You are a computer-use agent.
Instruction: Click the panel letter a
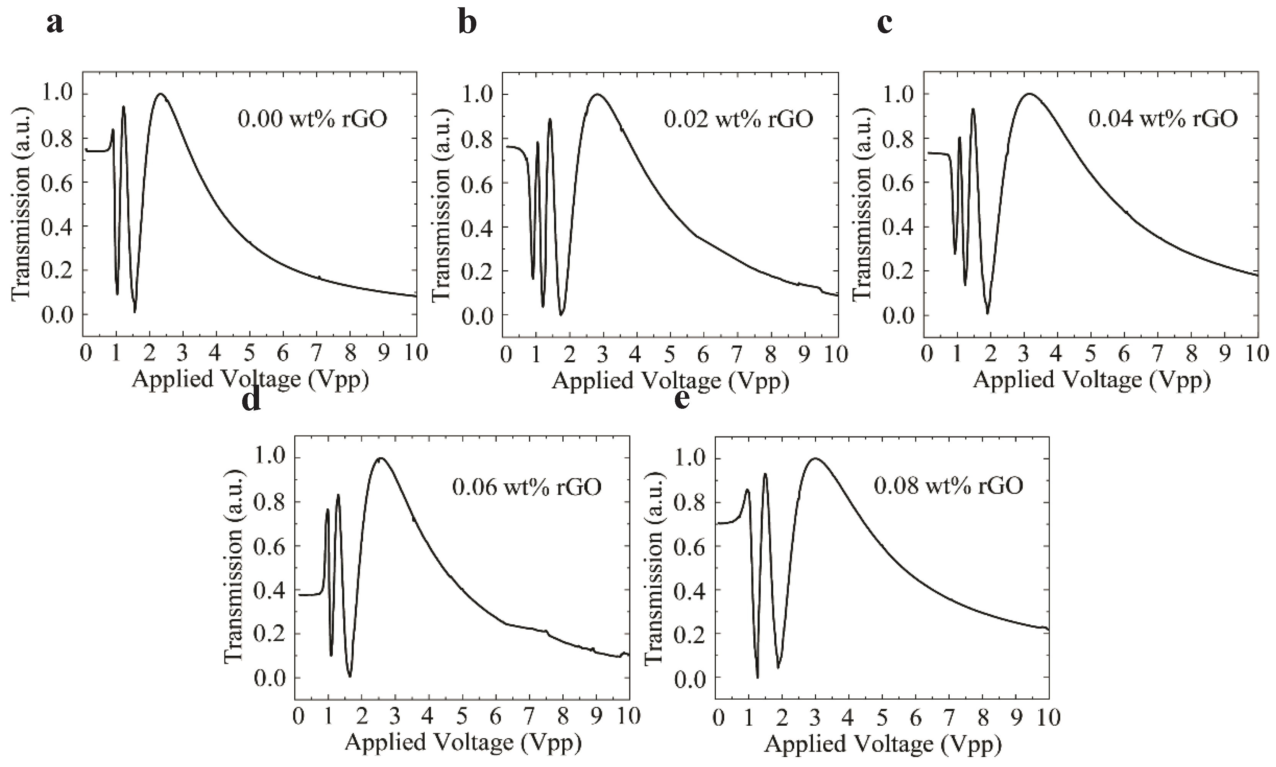point(55,24)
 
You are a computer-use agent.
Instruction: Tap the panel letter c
point(885,24)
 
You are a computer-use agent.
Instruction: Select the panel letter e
point(683,400)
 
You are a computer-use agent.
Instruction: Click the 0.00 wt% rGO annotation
point(312,119)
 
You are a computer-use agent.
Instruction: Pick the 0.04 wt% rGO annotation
point(1163,119)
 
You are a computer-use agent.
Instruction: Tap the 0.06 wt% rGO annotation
point(526,487)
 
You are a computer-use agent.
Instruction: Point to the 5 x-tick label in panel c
point(1090,354)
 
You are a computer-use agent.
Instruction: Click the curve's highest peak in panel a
point(161,94)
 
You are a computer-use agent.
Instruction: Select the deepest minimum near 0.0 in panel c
point(987,312)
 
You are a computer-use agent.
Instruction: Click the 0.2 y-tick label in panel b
point(476,271)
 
